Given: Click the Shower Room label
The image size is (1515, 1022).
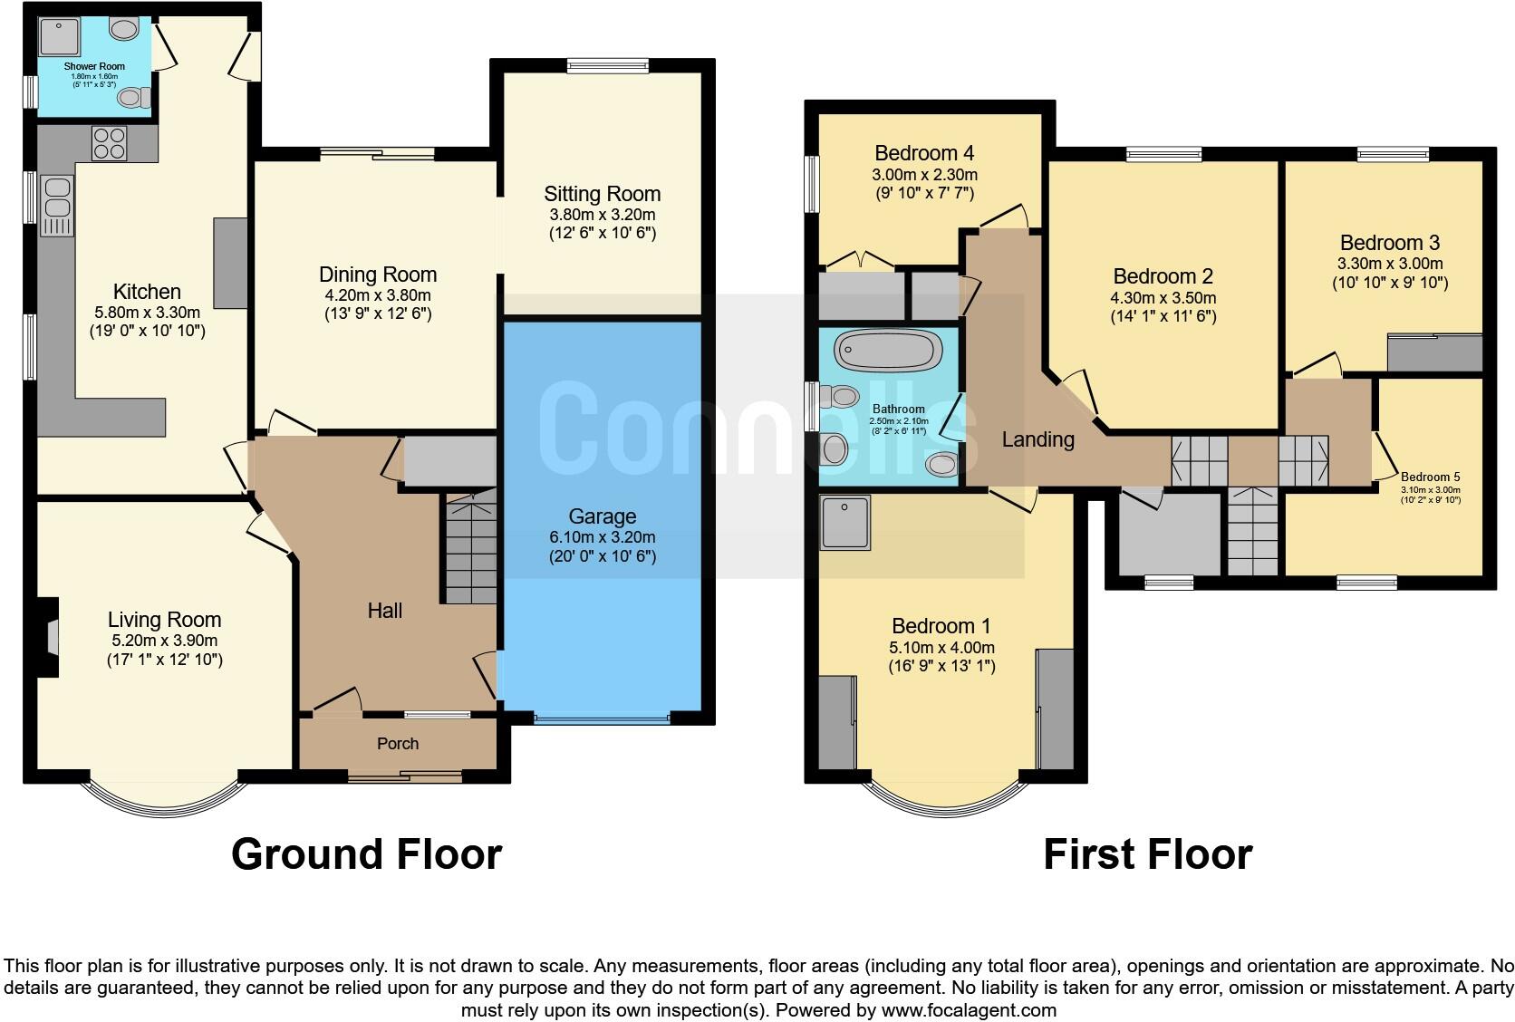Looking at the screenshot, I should (94, 66).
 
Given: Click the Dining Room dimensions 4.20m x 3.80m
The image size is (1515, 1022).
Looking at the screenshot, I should (378, 295).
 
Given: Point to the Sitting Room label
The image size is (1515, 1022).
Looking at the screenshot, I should (602, 194).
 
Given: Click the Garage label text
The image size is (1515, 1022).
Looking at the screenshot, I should (602, 516).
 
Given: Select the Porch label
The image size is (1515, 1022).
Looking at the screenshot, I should (398, 744).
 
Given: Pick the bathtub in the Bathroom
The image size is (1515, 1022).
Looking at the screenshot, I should (889, 350).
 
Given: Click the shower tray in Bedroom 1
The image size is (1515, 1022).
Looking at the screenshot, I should (844, 523).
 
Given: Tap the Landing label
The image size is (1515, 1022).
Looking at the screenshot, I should (1037, 439).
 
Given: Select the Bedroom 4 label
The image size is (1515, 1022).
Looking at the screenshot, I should (924, 152).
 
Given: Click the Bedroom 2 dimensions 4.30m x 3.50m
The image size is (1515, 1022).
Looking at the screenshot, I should (1163, 298).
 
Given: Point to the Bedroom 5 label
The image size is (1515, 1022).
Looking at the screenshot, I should (1430, 477).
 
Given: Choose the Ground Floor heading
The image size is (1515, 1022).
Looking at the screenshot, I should (366, 853).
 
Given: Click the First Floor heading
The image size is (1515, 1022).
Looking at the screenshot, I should (1147, 853).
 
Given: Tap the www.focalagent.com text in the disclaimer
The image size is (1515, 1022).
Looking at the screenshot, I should (968, 1009).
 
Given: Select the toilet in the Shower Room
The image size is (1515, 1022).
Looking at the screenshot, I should (133, 96).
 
